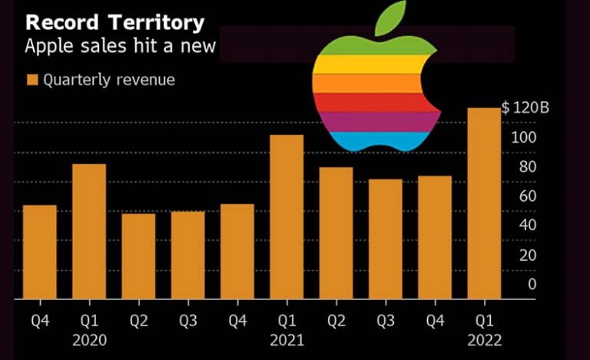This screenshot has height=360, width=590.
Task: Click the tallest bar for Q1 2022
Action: point(484,203)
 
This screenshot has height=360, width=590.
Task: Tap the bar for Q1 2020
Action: point(89,231)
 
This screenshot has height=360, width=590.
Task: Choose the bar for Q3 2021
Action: point(385,239)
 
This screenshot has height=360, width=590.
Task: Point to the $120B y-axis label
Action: point(525,108)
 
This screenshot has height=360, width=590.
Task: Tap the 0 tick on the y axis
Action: point(532,284)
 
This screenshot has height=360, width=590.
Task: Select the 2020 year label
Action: point(89,339)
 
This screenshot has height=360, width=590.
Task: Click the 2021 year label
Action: point(287,339)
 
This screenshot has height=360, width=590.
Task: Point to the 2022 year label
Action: point(484,339)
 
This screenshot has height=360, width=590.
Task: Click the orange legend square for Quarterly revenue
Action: point(31,80)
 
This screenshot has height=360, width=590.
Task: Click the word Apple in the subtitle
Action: point(48,47)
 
